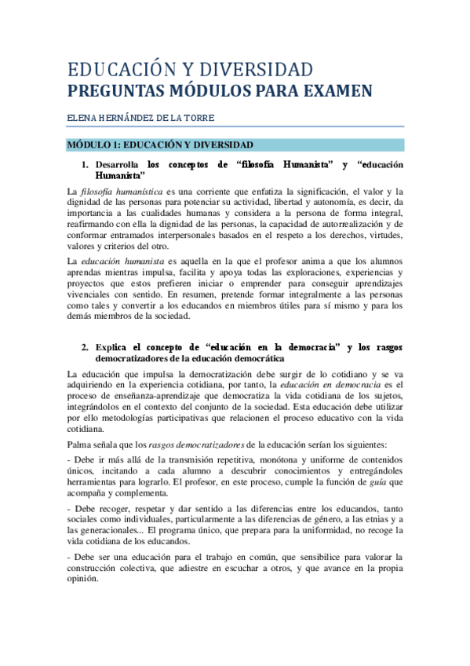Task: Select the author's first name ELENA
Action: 82,119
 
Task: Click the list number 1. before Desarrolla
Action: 86,165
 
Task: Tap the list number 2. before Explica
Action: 86,347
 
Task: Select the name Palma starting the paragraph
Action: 81,445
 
